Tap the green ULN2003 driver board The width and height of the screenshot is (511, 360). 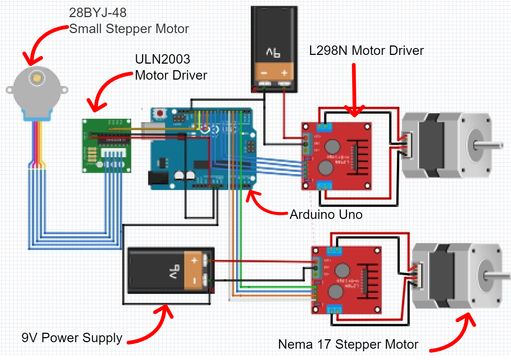click(x=106, y=145)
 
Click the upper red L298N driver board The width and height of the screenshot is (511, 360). click(x=337, y=156)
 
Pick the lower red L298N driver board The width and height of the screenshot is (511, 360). click(x=346, y=280)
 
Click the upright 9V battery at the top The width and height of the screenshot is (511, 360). click(x=274, y=49)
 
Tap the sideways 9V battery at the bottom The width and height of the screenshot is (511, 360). click(x=171, y=271)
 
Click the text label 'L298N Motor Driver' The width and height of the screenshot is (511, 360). click(x=366, y=51)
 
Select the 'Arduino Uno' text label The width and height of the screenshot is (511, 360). click(x=326, y=215)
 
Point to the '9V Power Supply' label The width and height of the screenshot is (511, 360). click(x=72, y=338)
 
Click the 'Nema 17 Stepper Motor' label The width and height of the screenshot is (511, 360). click(x=348, y=344)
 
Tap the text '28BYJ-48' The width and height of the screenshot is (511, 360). click(x=98, y=13)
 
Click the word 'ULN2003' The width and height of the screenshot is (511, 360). click(x=162, y=59)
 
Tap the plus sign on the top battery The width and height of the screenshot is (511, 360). click(x=284, y=73)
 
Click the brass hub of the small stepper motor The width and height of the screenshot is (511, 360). click(x=36, y=77)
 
